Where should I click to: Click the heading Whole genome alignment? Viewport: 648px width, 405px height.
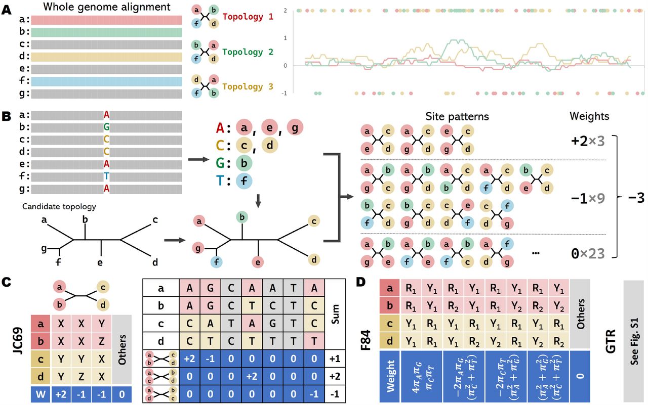106,8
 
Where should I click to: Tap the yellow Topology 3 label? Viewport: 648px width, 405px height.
248,87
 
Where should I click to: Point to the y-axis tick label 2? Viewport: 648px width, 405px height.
286,11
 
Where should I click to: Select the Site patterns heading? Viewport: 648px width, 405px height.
464,116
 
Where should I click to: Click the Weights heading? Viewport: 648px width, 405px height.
589,116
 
